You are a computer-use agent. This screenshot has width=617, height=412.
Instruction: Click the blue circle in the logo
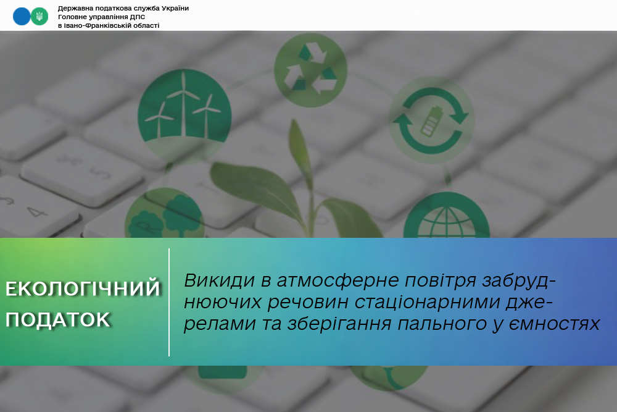[x=22, y=16]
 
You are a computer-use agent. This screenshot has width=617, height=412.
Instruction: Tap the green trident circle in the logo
[x=39, y=16]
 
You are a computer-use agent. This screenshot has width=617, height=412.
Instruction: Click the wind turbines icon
[x=184, y=111]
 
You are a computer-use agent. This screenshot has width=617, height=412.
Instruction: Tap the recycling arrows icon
[x=310, y=70]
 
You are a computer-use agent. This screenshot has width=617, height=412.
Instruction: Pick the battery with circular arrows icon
[x=432, y=120]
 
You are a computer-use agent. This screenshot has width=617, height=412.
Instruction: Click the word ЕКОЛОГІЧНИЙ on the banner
[x=83, y=288]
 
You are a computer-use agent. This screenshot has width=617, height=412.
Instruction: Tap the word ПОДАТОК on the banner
[x=58, y=320]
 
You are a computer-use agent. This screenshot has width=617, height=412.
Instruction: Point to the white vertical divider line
[x=169, y=302]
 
